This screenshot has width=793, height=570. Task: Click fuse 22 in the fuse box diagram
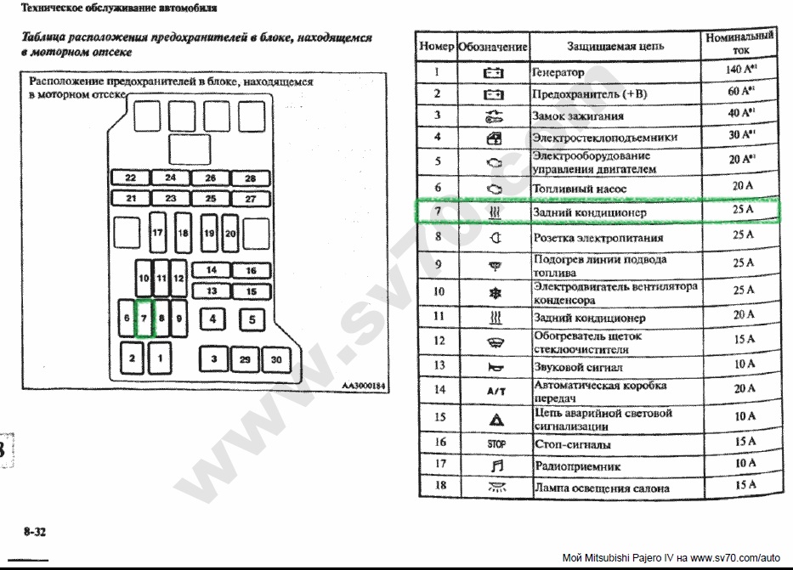pyautogui.click(x=130, y=178)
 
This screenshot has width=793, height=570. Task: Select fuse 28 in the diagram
pyautogui.click(x=251, y=178)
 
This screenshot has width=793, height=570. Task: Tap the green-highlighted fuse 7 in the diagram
pyautogui.click(x=144, y=319)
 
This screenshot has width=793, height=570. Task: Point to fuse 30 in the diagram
pyautogui.click(x=276, y=359)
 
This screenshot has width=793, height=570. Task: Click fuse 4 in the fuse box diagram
pyautogui.click(x=212, y=319)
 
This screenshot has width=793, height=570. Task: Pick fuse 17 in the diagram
pyautogui.click(x=156, y=231)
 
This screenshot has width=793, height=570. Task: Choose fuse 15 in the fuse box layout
pyautogui.click(x=251, y=291)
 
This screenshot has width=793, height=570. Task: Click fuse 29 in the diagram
pyautogui.click(x=245, y=359)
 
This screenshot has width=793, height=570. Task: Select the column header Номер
pyautogui.click(x=437, y=46)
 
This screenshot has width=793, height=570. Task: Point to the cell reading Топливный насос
pyautogui.click(x=580, y=188)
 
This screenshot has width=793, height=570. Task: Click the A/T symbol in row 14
pyautogui.click(x=495, y=391)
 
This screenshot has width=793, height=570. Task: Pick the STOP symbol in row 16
pyautogui.click(x=495, y=443)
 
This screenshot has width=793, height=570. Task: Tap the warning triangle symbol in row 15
pyautogui.click(x=495, y=418)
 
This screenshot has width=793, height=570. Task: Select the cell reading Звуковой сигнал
pyautogui.click(x=578, y=368)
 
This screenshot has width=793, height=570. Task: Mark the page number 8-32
pyautogui.click(x=35, y=532)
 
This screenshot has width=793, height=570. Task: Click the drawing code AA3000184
pyautogui.click(x=363, y=387)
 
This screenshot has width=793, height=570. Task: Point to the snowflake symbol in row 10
pyautogui.click(x=495, y=292)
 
